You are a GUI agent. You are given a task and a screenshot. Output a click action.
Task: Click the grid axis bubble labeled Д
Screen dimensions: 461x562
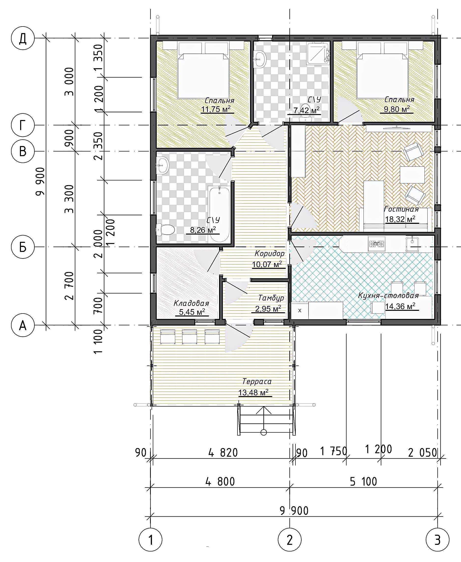coord(23,39)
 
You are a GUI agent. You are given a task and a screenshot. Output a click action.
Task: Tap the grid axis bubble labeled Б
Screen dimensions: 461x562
coord(23,247)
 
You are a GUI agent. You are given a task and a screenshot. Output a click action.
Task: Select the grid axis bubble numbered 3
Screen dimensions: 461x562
coord(437,540)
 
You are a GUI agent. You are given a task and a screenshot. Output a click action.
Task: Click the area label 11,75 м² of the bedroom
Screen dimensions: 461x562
coord(216,109)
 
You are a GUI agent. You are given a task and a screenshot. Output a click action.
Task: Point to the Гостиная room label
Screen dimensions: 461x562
coord(401,209)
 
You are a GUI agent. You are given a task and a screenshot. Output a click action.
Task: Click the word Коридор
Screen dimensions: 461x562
coord(269,254)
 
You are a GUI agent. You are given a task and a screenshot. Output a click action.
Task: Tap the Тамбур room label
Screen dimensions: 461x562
coord(271,298)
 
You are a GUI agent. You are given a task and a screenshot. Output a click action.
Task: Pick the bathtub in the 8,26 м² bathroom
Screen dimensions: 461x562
coord(220,214)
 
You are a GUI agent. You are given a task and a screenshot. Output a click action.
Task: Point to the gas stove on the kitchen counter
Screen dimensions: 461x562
coord(376,244)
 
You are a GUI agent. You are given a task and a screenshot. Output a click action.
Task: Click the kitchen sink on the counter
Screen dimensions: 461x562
coord(412,244)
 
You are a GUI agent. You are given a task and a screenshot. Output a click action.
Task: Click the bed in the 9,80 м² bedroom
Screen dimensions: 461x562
coord(383,69)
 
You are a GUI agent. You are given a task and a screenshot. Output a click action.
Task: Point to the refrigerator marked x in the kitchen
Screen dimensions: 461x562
coord(300,310)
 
